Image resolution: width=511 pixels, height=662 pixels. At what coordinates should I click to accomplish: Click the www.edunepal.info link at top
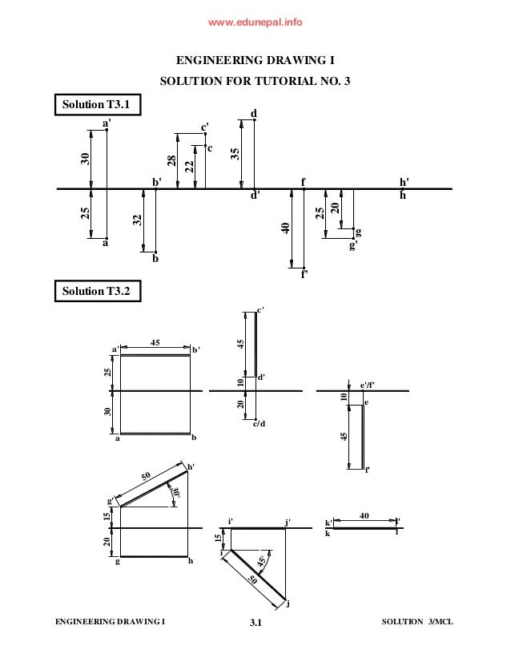[255, 22]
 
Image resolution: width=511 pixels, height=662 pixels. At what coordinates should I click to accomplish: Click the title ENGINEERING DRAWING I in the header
[255, 59]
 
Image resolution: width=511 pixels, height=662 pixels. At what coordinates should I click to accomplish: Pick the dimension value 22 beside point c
[188, 166]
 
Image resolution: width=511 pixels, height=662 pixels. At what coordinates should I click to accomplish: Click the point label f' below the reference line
[304, 274]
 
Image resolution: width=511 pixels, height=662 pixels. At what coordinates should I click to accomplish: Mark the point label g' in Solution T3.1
[352, 244]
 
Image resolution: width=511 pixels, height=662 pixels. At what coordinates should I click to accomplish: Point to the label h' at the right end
[404, 182]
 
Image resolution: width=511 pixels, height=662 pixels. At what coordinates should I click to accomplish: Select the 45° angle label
[261, 562]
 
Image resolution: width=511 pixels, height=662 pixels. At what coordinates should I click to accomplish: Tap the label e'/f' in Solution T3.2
[368, 385]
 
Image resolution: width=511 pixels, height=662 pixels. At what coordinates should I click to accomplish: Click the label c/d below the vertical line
[258, 423]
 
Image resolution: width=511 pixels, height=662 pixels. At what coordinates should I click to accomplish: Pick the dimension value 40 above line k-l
[364, 517]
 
